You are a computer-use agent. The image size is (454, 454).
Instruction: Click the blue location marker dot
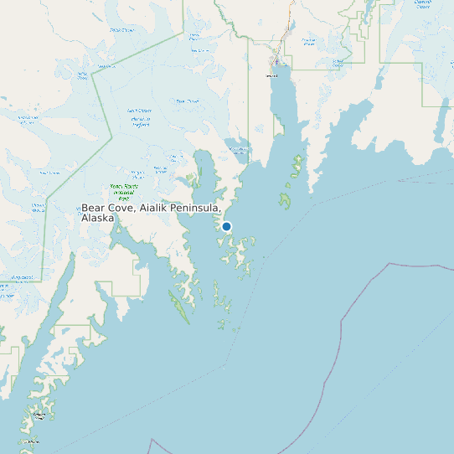(226, 226)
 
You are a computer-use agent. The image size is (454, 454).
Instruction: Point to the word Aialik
(157, 207)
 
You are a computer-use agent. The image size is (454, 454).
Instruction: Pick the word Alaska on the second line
(97, 218)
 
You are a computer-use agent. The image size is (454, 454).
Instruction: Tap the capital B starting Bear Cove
(85, 207)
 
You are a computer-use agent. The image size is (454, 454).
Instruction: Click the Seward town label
(271, 75)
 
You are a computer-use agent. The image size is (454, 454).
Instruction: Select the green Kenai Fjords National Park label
(122, 192)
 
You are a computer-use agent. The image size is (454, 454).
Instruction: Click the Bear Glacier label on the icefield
(186, 101)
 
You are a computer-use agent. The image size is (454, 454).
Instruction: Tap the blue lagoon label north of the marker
(239, 151)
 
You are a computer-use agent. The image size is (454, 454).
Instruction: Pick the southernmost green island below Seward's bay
(286, 200)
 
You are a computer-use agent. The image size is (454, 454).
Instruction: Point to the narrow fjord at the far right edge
(439, 126)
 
